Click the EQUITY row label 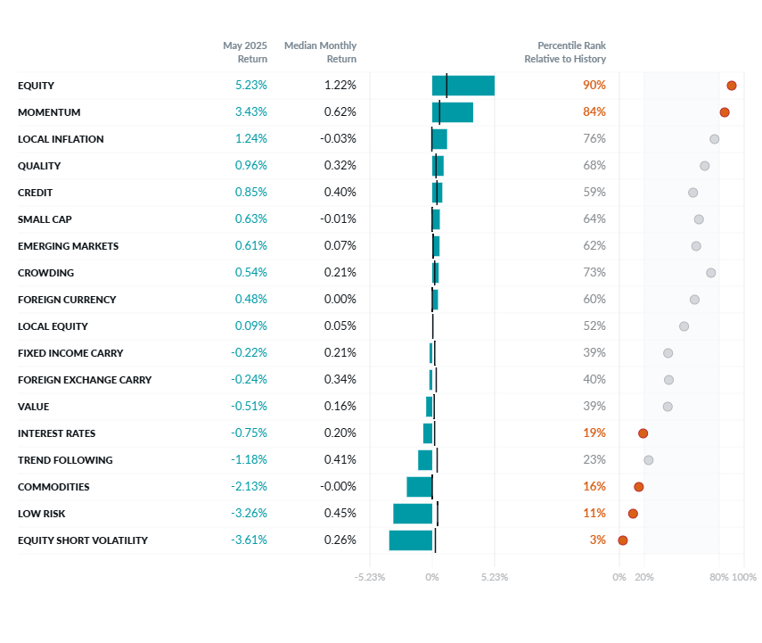36,86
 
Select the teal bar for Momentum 453,112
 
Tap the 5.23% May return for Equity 250,86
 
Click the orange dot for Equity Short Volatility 623,540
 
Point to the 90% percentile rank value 594,86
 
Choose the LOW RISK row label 41,514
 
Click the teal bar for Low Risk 413,514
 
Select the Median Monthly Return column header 320,52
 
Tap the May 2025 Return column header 245,52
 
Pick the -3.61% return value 249,540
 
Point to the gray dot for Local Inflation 714,139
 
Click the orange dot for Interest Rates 643,433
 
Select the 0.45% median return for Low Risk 340,514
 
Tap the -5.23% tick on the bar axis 370,577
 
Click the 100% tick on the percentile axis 744,577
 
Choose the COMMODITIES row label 53,487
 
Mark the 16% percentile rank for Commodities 594,487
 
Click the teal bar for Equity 463,86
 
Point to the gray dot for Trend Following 648,460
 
